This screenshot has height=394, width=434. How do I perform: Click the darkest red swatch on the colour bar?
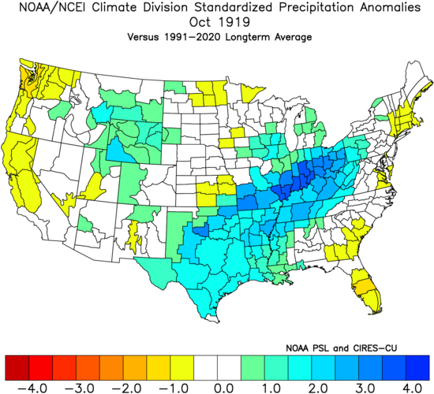[17, 367]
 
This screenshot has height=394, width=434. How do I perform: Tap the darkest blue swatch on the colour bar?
[419, 367]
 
